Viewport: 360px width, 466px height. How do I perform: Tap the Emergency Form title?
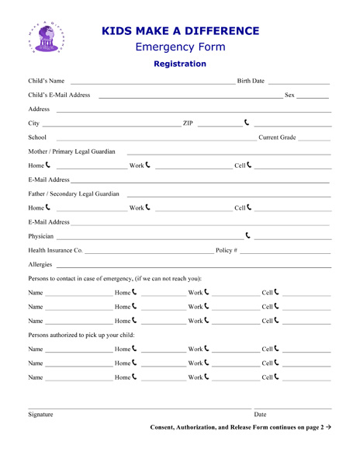click(180, 47)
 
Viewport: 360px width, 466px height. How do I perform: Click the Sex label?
click(291, 96)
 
